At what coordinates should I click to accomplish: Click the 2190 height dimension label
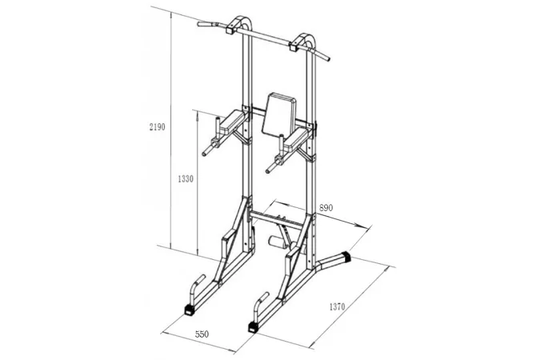click(157, 127)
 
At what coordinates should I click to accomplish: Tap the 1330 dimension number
click(185, 179)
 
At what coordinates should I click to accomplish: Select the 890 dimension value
click(326, 207)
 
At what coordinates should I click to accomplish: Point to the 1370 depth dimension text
click(337, 306)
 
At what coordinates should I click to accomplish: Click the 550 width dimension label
click(202, 334)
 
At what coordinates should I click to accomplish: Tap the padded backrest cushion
click(279, 114)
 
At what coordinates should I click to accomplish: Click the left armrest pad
click(232, 122)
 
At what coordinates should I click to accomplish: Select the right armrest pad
click(295, 139)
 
